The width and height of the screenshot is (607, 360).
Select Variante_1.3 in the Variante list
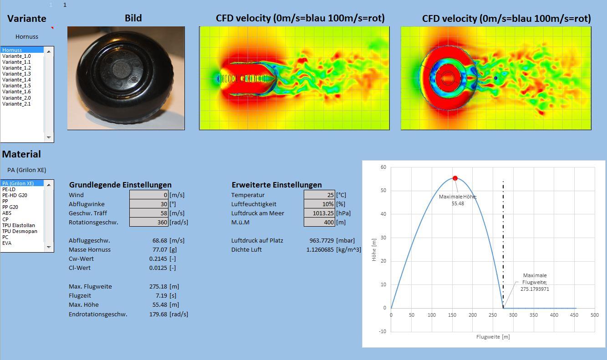click(16, 74)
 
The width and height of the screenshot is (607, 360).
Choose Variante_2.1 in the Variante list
click(16, 104)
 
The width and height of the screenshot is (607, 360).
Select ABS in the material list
click(7, 213)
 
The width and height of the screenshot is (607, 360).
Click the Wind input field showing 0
click(149, 195)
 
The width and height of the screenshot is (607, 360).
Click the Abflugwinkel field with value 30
click(149, 204)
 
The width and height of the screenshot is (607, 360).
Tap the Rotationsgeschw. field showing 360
click(149, 222)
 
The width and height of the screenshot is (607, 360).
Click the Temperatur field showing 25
click(319, 195)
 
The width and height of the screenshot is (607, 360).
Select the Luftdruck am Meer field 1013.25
click(319, 213)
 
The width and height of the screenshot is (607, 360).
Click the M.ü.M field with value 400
click(319, 222)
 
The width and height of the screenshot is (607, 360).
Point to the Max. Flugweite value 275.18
click(157, 286)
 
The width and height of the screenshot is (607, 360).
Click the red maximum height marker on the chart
click(455, 178)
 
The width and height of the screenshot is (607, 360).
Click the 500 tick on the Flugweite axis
click(594, 315)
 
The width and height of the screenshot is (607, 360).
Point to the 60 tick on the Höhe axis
click(383, 167)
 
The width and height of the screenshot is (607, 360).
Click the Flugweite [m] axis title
click(493, 337)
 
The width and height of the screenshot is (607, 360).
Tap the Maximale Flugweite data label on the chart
click(535, 282)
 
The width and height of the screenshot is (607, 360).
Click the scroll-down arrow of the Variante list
click(49, 137)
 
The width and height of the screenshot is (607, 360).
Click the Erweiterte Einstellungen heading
click(276, 185)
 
